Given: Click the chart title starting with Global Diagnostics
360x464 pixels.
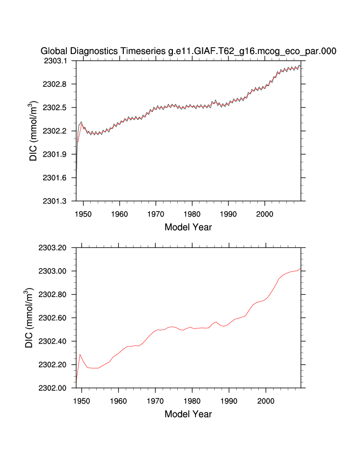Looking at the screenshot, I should point(188,51).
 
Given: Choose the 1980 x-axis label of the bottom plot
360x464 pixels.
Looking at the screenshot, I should point(193,400).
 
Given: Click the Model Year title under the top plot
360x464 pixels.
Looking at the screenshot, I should point(188,227).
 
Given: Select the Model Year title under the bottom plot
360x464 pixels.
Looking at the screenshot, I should point(188,414).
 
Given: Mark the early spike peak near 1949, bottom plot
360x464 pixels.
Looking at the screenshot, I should point(80,355).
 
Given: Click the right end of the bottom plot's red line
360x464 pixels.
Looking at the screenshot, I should point(300,268).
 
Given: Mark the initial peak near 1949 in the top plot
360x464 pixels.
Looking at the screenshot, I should point(81,122).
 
